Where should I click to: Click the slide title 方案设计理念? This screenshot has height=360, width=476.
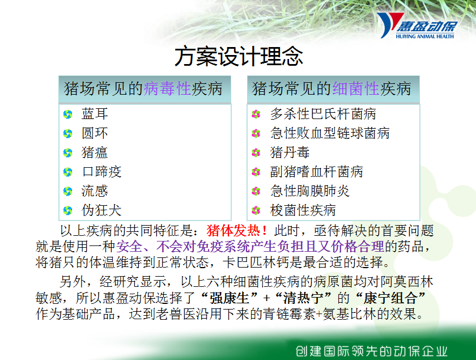tap(239, 56)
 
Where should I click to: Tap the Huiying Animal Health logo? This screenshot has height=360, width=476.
tap(417, 26)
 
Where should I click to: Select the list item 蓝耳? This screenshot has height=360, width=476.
tap(95, 113)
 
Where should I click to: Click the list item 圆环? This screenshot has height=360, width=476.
tap(95, 133)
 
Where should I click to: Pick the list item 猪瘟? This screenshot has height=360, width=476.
tap(95, 152)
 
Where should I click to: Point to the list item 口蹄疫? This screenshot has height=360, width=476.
tap(101, 172)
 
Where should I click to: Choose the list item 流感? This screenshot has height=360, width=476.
tap(95, 191)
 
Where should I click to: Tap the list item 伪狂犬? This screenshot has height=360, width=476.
tap(101, 210)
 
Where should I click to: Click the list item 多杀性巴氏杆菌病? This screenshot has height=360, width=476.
tap(324, 113)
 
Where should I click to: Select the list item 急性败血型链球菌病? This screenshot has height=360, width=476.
tap(330, 133)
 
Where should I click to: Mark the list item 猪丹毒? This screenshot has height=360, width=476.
tap(290, 152)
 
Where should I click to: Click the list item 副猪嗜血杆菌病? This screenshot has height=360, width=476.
tap(317, 172)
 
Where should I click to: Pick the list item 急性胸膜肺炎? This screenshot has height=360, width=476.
tap(310, 191)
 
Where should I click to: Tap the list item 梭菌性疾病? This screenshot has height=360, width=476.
tap(303, 210)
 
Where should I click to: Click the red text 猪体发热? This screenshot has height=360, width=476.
tap(233, 231)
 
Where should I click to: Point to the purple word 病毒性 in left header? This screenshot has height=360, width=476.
tap(167, 88)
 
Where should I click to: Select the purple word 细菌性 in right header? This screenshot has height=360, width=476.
tap(356, 88)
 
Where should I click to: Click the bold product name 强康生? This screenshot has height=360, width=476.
tap(230, 298)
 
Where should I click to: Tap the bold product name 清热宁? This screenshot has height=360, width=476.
tap(303, 298)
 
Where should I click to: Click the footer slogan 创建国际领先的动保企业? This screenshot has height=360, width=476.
tap(372, 351)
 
